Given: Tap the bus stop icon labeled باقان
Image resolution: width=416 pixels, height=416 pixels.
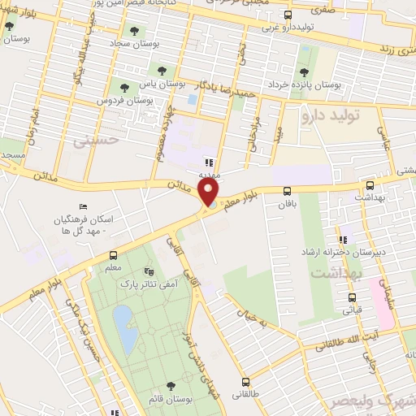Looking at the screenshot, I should (x=288, y=192).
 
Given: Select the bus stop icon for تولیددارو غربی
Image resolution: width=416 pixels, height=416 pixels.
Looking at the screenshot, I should (x=288, y=15).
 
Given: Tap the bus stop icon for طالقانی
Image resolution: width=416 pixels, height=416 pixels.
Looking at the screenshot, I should (x=245, y=381).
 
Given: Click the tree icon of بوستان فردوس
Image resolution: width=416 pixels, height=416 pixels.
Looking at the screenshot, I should (x=124, y=87).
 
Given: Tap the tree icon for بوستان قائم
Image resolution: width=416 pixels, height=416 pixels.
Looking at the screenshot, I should (x=170, y=386).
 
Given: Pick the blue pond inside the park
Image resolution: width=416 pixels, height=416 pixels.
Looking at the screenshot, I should (x=123, y=327).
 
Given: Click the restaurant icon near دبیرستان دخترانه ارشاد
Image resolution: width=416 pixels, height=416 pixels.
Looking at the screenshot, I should (x=343, y=240).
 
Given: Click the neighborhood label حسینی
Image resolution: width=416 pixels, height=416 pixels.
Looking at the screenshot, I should (x=96, y=141).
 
